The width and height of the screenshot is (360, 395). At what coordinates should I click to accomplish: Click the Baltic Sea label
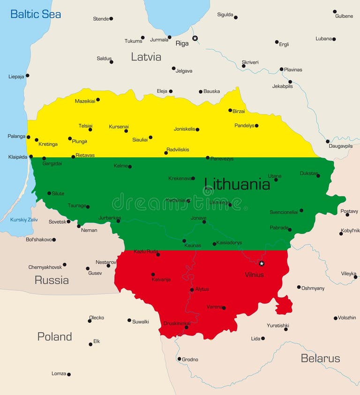point(36,14)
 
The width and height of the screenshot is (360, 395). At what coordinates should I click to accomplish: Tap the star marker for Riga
point(195,38)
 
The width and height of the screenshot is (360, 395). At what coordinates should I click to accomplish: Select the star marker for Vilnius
point(262,263)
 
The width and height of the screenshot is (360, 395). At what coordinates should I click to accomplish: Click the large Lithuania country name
point(237,184)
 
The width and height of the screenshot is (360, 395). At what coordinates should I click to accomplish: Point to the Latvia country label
point(146,57)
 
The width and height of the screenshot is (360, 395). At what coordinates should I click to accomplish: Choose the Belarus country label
point(320,358)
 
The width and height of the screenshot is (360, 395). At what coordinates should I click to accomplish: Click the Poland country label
point(54,336)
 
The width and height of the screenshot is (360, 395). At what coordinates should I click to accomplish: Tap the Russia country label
point(52,280)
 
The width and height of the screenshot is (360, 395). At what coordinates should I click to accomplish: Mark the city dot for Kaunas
point(184,241)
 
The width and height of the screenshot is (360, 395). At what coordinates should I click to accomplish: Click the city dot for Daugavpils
point(328,141)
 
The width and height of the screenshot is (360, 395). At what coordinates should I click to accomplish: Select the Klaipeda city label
point(18,157)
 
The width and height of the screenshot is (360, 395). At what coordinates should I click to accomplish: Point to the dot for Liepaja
point(27,76)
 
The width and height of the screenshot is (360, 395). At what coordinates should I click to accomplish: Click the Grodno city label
point(190,360)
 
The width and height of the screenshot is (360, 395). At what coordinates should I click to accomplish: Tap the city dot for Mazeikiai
point(97,99)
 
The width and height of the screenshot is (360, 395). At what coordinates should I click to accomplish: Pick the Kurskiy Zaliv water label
point(24,220)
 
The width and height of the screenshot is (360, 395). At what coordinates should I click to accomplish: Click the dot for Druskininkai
point(186,327)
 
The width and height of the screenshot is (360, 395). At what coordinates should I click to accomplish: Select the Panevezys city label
point(222,159)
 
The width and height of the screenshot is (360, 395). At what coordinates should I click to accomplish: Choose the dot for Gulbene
point(335,11)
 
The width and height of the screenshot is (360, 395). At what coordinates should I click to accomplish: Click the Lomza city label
point(59,374)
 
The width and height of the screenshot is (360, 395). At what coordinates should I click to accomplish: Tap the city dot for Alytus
point(192,290)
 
